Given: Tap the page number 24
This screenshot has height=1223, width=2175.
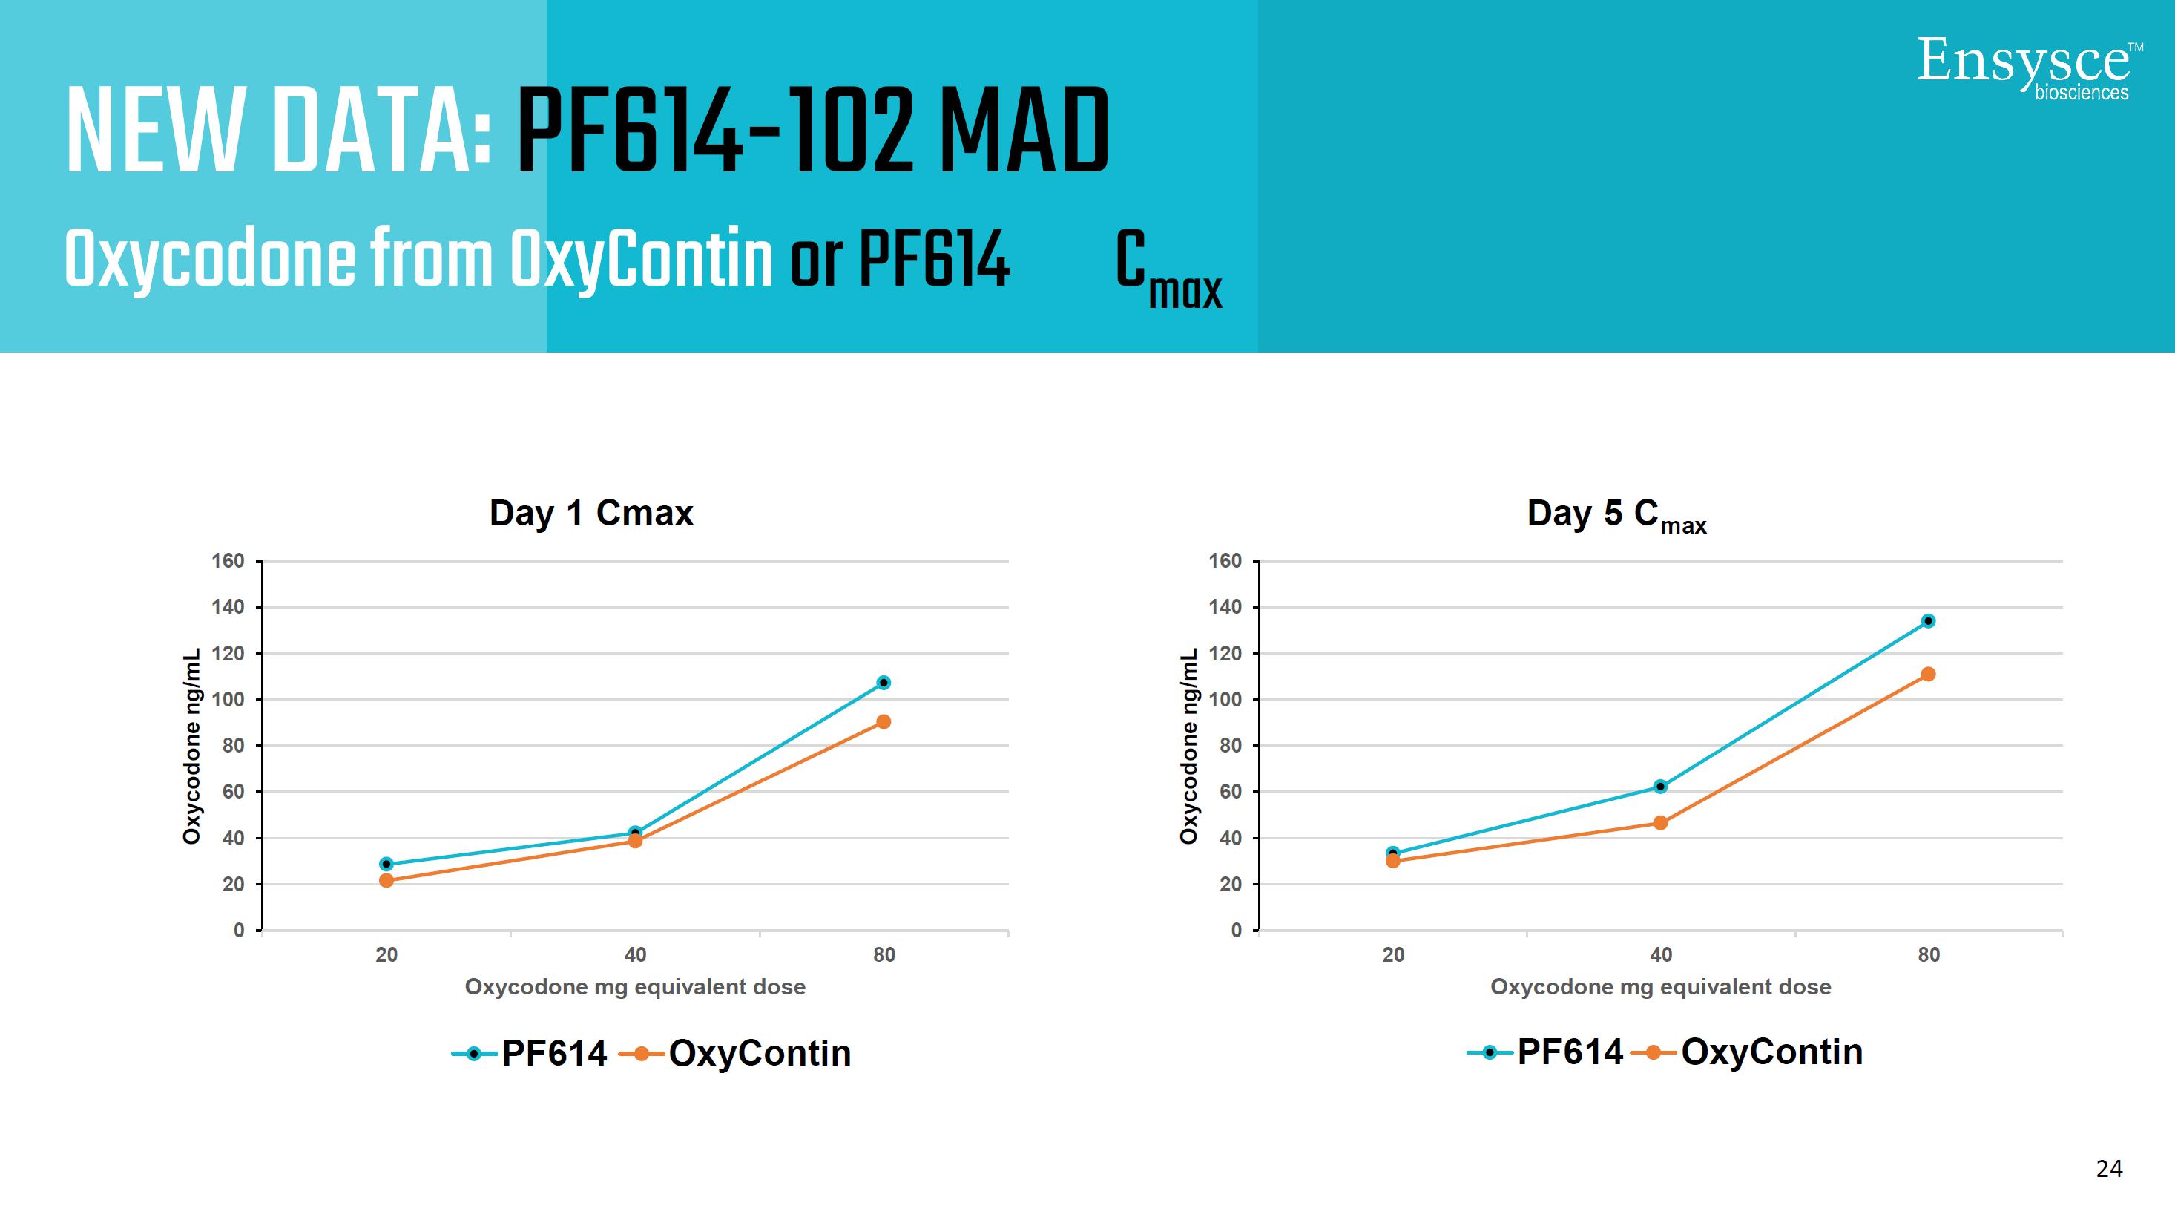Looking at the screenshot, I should (x=2108, y=1168).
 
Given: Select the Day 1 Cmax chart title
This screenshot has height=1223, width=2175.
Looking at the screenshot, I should (x=591, y=514).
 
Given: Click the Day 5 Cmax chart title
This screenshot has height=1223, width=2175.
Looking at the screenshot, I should (x=1616, y=514).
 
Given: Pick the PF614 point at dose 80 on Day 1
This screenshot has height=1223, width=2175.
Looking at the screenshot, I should (x=884, y=683).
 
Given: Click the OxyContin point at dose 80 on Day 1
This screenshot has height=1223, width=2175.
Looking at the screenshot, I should (x=884, y=722).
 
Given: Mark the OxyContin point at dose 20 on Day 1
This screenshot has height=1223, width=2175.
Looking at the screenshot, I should (x=386, y=880).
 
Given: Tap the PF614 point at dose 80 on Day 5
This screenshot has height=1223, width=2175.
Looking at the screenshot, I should (x=1928, y=621).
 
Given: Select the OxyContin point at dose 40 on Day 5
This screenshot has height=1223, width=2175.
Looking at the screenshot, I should (x=1660, y=823).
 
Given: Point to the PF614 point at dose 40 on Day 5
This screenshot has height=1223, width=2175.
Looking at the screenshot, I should (x=1660, y=787).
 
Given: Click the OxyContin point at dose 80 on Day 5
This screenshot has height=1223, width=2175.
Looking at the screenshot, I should (x=1928, y=674).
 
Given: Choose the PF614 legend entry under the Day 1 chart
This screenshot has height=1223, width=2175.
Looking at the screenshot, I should (x=530, y=1053).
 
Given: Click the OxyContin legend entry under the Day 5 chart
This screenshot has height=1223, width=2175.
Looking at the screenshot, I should (x=1748, y=1052).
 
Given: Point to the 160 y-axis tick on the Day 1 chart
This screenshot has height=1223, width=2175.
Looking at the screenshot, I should (x=227, y=561).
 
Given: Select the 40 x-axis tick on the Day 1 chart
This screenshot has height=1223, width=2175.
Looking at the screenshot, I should (x=635, y=955).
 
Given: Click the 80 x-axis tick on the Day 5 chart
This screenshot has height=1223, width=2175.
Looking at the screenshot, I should (x=1929, y=955).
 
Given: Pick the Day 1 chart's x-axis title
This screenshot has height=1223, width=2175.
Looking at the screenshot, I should (x=635, y=987).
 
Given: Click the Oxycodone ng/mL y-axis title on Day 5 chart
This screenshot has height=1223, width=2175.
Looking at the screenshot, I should (x=1189, y=746).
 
